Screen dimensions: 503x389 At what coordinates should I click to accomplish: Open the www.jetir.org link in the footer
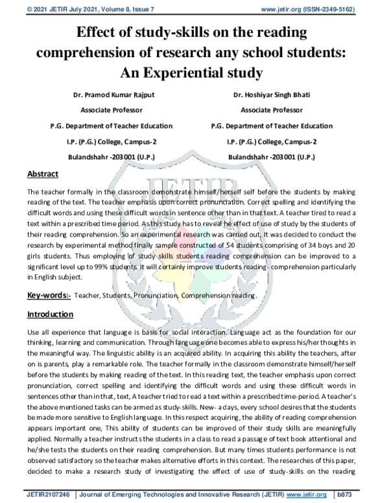(x=305, y=494)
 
